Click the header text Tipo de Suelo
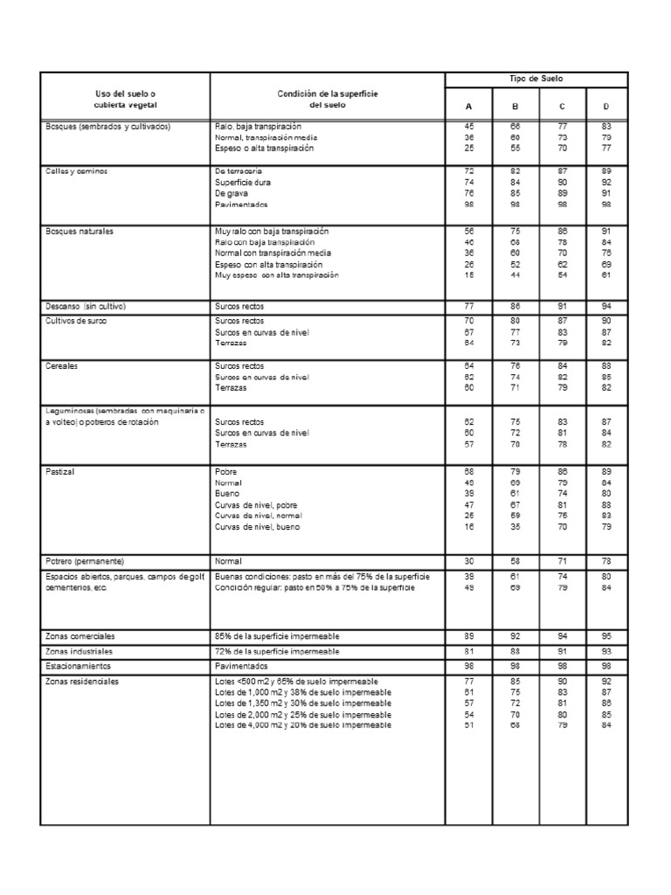pos(536,79)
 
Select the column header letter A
pos(468,106)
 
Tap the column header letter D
pos(606,106)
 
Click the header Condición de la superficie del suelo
pos(328,99)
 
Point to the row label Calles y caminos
pos(76,170)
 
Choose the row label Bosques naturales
pos(80,232)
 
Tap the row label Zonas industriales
pos(80,652)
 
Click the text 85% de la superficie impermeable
pos(277,635)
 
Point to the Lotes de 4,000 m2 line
pos(303,724)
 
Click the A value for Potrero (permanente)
pos(468,559)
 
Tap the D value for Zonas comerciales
pos(606,635)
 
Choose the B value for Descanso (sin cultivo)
pos(515,308)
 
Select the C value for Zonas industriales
pos(562,652)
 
